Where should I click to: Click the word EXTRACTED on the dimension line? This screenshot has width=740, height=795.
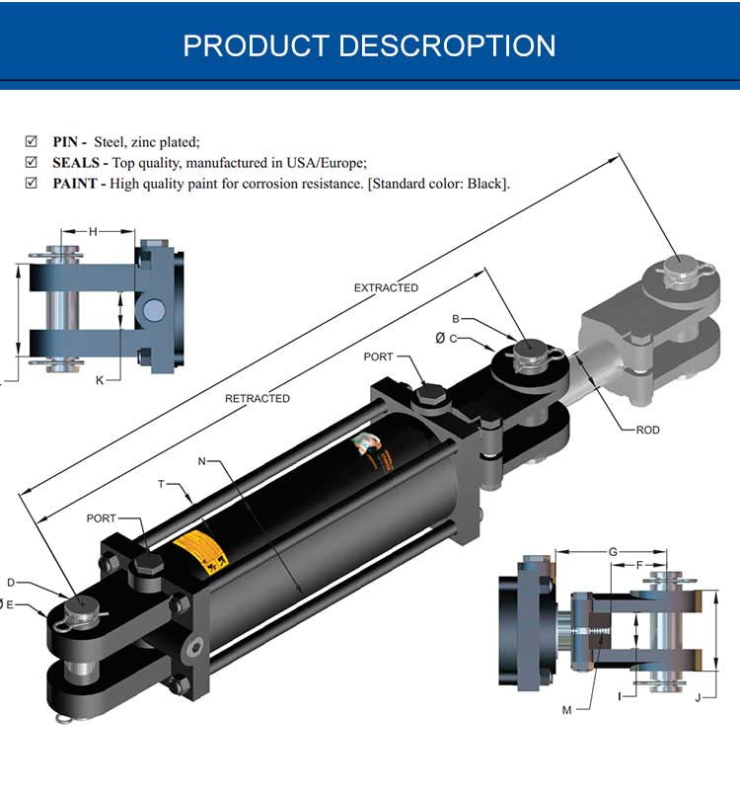386,287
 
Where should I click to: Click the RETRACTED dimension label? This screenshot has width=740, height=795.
258,398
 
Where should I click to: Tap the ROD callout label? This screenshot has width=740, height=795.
647,430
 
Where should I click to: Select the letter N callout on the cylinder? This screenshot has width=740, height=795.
201,461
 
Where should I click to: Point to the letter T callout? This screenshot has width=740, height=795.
160,484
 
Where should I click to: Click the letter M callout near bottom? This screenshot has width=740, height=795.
566,709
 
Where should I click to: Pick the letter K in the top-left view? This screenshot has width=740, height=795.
99,379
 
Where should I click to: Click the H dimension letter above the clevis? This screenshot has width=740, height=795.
93,231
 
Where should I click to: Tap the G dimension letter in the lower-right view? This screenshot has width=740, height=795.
613,551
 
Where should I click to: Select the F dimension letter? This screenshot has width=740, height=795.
639,566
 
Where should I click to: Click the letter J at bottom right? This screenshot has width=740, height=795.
698,698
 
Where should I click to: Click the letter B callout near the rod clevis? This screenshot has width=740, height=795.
456,319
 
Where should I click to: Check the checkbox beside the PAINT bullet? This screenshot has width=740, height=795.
31,183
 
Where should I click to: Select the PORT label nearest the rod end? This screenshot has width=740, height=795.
378,357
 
